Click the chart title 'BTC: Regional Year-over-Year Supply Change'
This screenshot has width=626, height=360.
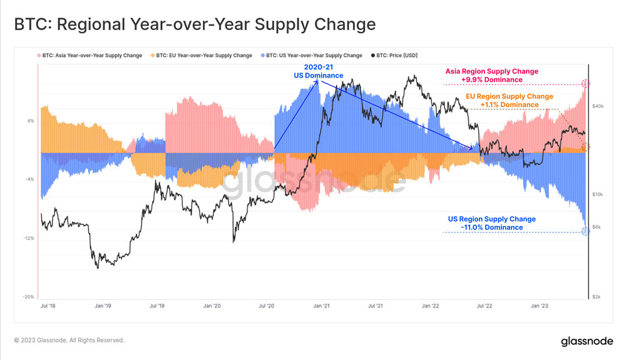195,24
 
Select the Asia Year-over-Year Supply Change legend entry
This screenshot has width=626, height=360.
91,55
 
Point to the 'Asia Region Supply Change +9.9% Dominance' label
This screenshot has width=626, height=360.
491,75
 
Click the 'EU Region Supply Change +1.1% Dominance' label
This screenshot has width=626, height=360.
509,100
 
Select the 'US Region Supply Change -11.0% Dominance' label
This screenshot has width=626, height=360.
491,223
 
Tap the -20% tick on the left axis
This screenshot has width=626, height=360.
29,297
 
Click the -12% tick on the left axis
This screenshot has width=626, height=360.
29,239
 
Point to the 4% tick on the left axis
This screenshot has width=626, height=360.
31,121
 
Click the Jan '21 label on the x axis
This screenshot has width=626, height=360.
321,306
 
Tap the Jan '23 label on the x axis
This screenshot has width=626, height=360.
540,306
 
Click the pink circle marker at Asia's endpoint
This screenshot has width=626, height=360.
586,83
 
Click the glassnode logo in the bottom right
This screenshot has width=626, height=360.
587,341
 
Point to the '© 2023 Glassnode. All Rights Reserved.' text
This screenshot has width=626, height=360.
69,341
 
